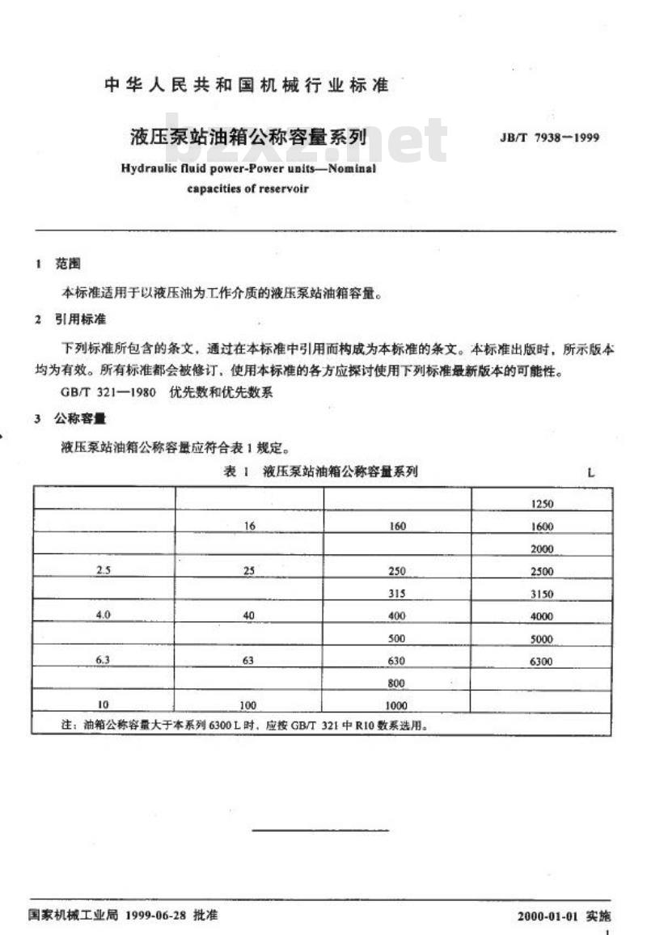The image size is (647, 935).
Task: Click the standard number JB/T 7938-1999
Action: click(550, 137)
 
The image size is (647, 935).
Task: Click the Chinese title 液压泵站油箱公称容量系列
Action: click(248, 136)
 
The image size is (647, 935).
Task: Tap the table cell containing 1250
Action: click(542, 504)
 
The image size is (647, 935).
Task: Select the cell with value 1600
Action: click(542, 527)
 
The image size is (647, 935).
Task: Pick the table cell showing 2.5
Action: click(103, 570)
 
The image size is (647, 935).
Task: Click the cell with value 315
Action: click(396, 593)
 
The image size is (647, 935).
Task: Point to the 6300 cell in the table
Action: click(542, 661)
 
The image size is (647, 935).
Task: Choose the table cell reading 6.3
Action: click(103, 661)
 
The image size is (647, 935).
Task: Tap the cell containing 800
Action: click(396, 683)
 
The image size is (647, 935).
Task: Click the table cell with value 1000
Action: click(396, 705)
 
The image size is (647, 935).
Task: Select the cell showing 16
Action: click(249, 527)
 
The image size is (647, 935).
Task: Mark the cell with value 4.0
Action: click(103, 616)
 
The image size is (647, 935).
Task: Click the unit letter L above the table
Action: click(591, 473)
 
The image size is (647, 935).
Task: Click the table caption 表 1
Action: click(235, 472)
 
